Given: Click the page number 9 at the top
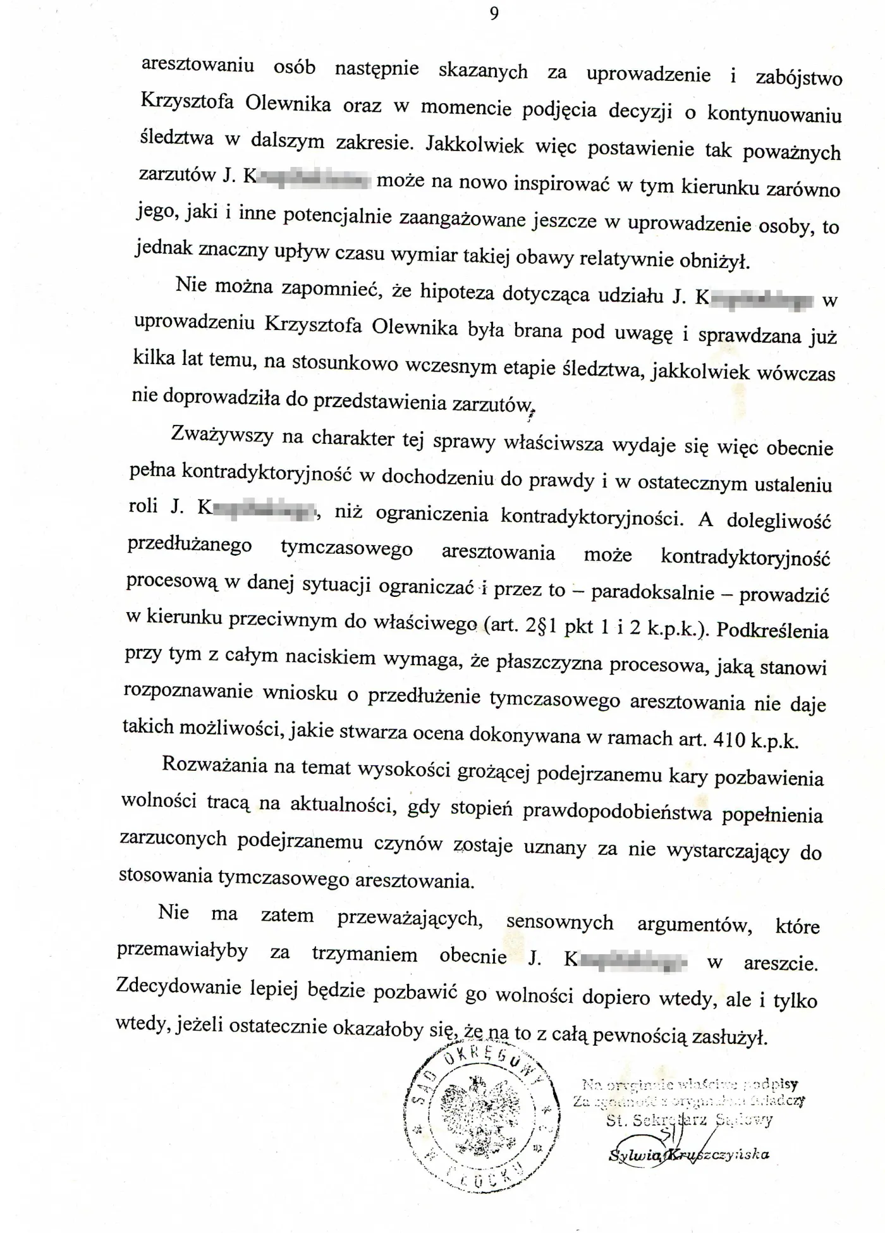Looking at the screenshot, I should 494,13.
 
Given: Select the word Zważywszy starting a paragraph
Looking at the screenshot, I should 222,436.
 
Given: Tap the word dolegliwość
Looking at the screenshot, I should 779,520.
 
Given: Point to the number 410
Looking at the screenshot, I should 729,739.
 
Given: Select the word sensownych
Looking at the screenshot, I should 559,922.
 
